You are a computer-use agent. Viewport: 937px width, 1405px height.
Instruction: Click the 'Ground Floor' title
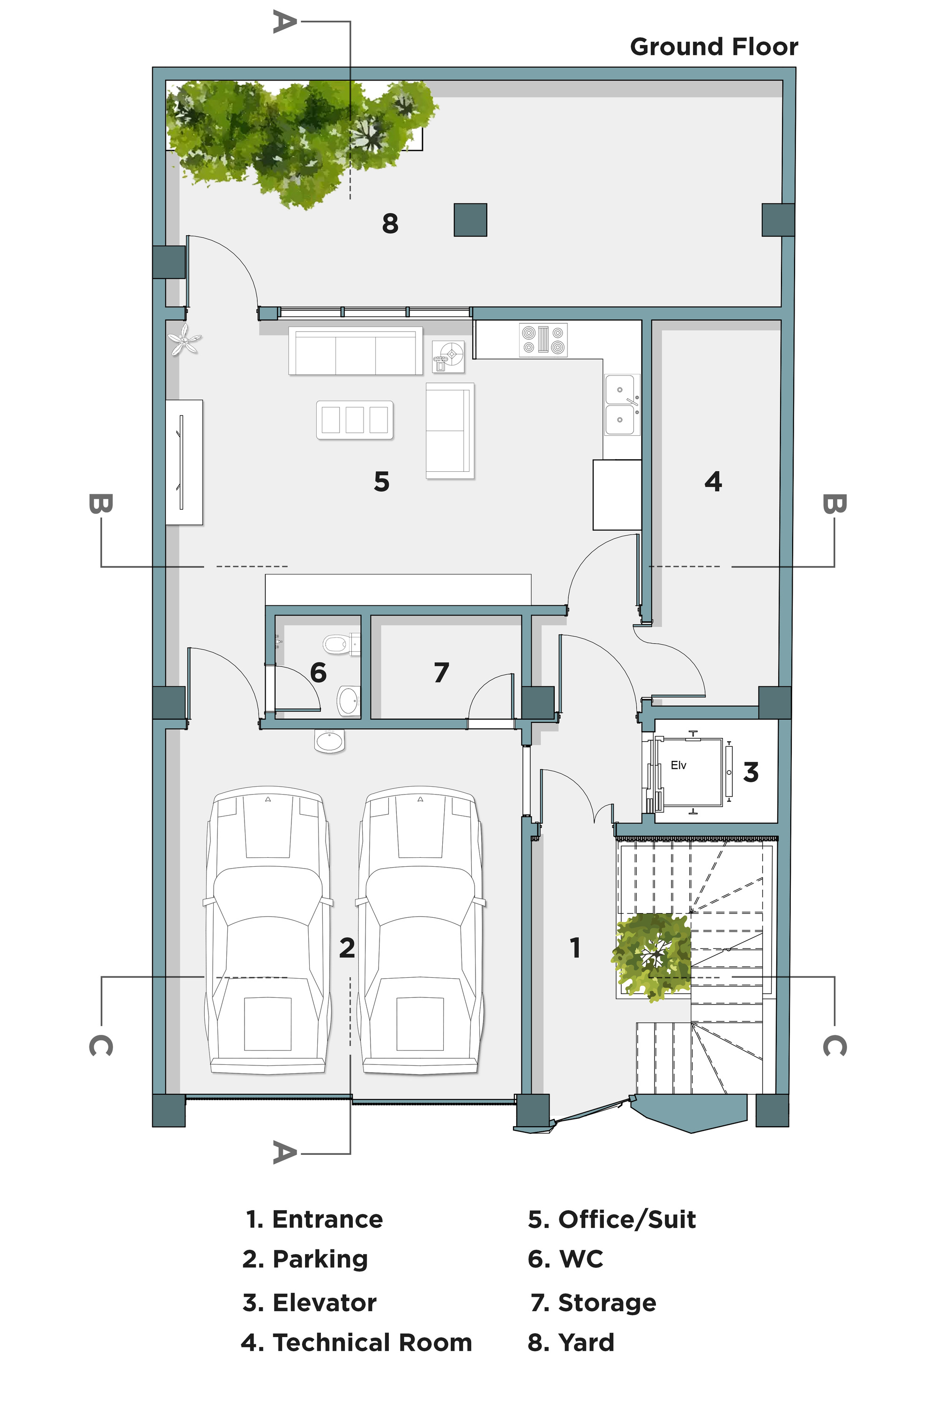click(x=714, y=46)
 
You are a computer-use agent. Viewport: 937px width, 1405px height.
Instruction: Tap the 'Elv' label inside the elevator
click(x=678, y=765)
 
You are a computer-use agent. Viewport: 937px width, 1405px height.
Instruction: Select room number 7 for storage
click(x=441, y=672)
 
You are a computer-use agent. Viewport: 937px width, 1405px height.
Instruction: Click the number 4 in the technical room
click(x=713, y=481)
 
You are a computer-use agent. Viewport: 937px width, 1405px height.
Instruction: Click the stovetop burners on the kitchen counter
click(x=543, y=340)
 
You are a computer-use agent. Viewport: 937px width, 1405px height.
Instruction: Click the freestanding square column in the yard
click(x=470, y=220)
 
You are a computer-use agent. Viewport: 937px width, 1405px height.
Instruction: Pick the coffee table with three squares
click(x=354, y=419)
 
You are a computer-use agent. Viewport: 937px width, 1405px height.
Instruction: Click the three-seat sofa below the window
click(x=356, y=351)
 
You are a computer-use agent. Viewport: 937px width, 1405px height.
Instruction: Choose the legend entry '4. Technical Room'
click(x=356, y=1342)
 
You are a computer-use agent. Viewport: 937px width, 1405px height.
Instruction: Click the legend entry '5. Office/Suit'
click(x=612, y=1219)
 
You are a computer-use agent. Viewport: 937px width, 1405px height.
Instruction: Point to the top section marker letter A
click(x=284, y=22)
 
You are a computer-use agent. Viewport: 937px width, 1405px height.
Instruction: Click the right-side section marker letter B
click(x=834, y=504)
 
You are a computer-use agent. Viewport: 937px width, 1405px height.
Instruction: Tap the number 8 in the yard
click(x=390, y=223)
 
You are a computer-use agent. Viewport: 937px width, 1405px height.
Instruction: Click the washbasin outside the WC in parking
click(x=330, y=741)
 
